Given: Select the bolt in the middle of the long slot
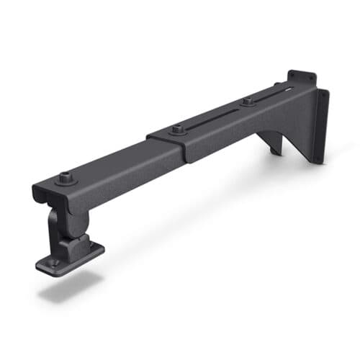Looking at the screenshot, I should pos(247,102).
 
